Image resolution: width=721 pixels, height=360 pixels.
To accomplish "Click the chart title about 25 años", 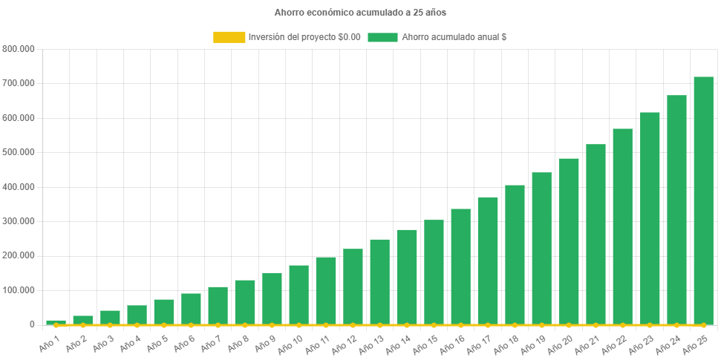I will pyautogui.click(x=360, y=13).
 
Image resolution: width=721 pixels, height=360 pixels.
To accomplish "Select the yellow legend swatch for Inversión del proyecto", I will pyautogui.click(x=229, y=37).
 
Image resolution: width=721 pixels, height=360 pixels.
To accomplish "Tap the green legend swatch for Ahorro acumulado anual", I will pyautogui.click(x=382, y=37).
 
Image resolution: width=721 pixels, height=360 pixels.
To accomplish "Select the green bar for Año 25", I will pyautogui.click(x=703, y=200).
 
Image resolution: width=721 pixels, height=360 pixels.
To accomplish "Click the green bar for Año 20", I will pyautogui.click(x=569, y=241).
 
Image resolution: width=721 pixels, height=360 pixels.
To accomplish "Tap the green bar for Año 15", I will pyautogui.click(x=434, y=272).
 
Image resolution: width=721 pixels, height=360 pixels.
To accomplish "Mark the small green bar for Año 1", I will pyautogui.click(x=56, y=321).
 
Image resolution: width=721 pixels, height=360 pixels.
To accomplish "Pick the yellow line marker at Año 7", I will pyautogui.click(x=218, y=325).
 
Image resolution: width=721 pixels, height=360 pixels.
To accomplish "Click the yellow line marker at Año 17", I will pyautogui.click(x=488, y=325).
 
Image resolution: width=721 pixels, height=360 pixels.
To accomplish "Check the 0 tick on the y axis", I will pyautogui.click(x=32, y=324).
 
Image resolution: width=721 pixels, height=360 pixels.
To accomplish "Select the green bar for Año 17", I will pyautogui.click(x=488, y=261).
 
